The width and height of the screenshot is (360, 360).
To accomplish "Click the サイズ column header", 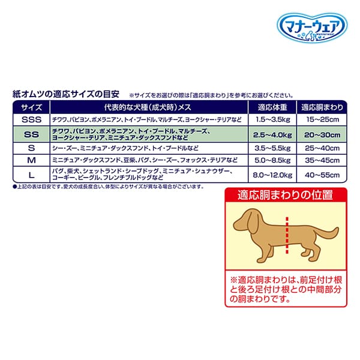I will click(x=31, y=108).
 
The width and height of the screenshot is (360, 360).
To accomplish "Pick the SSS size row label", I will click(x=31, y=120).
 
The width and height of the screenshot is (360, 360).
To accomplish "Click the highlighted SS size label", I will click(x=31, y=134).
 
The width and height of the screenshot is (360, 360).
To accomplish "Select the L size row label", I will click(x=31, y=175).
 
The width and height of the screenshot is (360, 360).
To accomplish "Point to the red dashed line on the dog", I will click(x=287, y=240).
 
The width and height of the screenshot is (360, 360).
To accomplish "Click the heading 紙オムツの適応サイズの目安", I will click(x=68, y=94).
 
